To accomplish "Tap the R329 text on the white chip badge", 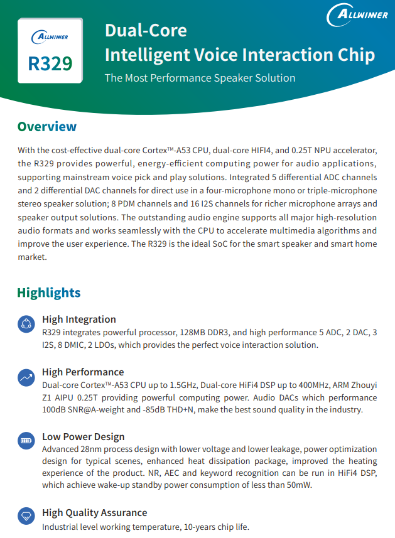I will pyautogui.click(x=50, y=63).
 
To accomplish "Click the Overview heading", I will pyautogui.click(x=46, y=127).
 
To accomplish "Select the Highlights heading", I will pyautogui.click(x=48, y=293).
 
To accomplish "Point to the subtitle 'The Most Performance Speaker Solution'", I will pyautogui.click(x=200, y=78).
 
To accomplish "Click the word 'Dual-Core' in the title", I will pyautogui.click(x=146, y=30).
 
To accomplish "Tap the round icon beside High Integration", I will pyautogui.click(x=26, y=324).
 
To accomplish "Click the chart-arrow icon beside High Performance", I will pyautogui.click(x=26, y=377).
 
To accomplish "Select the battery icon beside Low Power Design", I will pyautogui.click(x=26, y=441).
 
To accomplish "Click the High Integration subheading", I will pyautogui.click(x=79, y=319).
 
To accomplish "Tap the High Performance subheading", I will pyautogui.click(x=83, y=372).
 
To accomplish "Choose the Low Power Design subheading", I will pyautogui.click(x=84, y=436).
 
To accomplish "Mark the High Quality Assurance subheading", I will pyautogui.click(x=95, y=512).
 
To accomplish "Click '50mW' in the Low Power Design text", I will pyautogui.click(x=300, y=485).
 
